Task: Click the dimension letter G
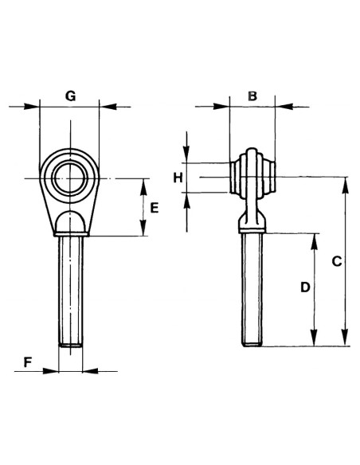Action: tap(70, 96)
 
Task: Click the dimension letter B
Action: tap(252, 96)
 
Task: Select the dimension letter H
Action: tap(179, 177)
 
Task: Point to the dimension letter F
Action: tap(27, 361)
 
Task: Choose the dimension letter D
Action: tap(304, 288)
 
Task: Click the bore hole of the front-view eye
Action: tap(69, 174)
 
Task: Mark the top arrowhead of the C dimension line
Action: tap(345, 182)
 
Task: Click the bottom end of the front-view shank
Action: tap(71, 344)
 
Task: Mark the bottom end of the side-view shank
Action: tap(252, 343)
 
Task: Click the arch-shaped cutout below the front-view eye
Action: tap(70, 221)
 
